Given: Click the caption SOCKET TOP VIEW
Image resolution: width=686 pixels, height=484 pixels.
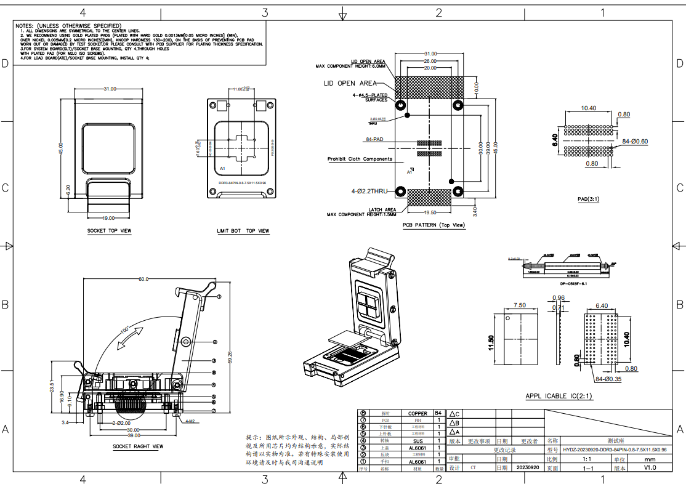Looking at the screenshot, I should pyautogui.click(x=109, y=231).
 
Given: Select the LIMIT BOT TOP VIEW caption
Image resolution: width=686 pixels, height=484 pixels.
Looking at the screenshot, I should pyautogui.click(x=243, y=231).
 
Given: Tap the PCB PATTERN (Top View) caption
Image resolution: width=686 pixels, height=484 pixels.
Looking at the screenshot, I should pyautogui.click(x=434, y=225).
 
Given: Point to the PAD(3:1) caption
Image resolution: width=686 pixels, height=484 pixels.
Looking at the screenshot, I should pyautogui.click(x=589, y=200).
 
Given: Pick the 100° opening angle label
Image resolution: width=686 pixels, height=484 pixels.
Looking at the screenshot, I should pyautogui.click(x=124, y=330).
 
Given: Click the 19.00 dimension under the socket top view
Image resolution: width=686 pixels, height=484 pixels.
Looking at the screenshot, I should pyautogui.click(x=109, y=217).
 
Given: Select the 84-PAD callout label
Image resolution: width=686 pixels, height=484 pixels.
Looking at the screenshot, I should pyautogui.click(x=374, y=140).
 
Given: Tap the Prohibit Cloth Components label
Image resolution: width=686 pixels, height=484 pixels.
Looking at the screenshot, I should pyautogui.click(x=360, y=159).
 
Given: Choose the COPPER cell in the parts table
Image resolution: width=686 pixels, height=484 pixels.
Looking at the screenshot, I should pyautogui.click(x=417, y=413).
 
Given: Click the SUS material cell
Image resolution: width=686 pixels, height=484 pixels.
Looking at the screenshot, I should pyautogui.click(x=417, y=441).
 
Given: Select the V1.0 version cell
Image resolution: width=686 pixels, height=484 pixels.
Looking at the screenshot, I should pyautogui.click(x=650, y=468).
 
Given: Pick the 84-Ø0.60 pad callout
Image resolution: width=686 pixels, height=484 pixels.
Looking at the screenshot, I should pyautogui.click(x=635, y=142).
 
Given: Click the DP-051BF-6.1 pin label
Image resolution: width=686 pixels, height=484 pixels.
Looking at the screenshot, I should pyautogui.click(x=573, y=284).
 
